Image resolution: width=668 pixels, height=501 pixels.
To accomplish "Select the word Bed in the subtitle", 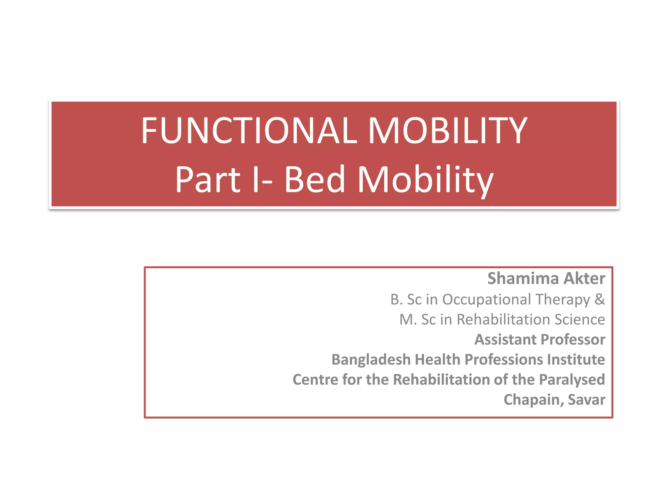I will (314, 179).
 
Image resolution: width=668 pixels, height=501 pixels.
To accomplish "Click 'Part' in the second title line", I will (208, 179).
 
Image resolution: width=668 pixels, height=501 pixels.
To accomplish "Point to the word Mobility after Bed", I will (426, 180).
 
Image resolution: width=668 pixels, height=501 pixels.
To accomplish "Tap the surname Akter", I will (584, 278).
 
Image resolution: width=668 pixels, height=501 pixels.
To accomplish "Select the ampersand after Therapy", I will (600, 299).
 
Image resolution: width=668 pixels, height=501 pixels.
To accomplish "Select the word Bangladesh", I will (371, 359).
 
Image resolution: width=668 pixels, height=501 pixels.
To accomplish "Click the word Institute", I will (576, 359).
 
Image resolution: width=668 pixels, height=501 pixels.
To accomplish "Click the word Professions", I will (504, 359).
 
